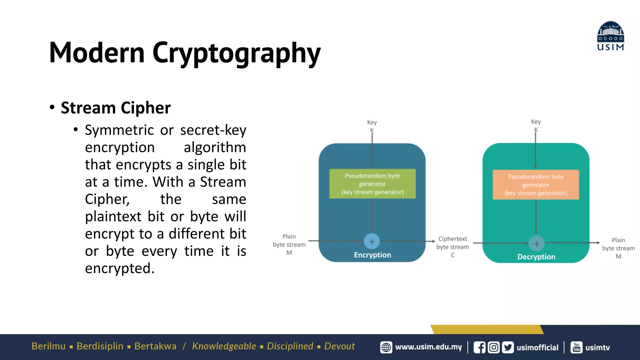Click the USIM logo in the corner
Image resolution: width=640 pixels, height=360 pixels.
[610, 36]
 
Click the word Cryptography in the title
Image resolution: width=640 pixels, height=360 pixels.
[236, 53]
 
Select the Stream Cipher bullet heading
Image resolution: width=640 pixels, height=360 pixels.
[116, 108]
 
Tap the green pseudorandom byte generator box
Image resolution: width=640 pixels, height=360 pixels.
[372, 184]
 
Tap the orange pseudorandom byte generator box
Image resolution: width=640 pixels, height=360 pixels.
[536, 185]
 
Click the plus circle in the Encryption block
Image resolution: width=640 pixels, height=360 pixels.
[372, 241]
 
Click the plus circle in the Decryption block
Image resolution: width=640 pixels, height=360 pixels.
[536, 244]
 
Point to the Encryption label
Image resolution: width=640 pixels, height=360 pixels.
[372, 255]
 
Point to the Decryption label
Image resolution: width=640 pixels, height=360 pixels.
[536, 257]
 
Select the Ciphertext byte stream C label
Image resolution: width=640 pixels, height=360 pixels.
[452, 247]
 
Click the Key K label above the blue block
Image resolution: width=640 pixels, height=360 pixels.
[372, 126]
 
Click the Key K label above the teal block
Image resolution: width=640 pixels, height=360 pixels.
[536, 125]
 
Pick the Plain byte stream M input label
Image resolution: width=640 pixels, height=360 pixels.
[289, 244]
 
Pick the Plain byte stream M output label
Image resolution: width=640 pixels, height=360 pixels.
[618, 248]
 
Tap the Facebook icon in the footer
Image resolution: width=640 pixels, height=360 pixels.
[479, 347]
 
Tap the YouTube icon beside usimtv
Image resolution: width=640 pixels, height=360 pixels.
[576, 347]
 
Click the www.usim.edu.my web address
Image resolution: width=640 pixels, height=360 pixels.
[428, 347]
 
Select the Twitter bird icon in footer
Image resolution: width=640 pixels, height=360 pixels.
[507, 347]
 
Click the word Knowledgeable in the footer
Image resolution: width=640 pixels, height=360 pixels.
[224, 346]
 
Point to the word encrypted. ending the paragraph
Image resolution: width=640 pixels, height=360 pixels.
[120, 268]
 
